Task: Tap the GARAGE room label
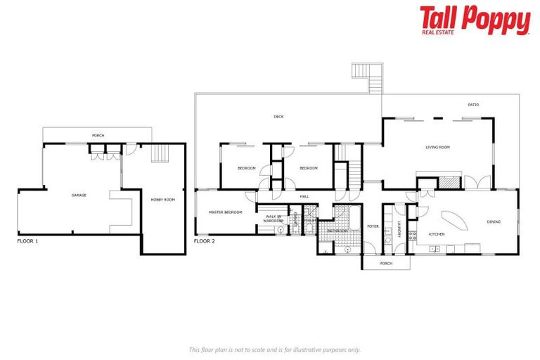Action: [x=79, y=195]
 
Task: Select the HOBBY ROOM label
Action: [x=162, y=200]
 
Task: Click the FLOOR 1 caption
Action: [x=27, y=240]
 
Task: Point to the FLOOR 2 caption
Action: [x=204, y=240]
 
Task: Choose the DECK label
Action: [x=278, y=117]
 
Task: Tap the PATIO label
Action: [x=474, y=105]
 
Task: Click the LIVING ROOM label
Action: [x=437, y=147]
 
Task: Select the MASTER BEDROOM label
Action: [x=226, y=212]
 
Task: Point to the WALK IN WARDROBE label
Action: [x=273, y=218]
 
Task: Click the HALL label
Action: [x=304, y=196]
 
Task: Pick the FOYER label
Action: [x=373, y=226]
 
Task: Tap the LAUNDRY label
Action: [x=399, y=229]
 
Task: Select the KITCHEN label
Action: [x=437, y=233]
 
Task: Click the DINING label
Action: [x=494, y=222]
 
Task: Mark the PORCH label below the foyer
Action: [x=385, y=264]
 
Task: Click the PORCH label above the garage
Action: [x=98, y=135]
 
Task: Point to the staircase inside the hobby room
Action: [x=161, y=153]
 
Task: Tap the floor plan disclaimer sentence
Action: [x=275, y=349]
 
